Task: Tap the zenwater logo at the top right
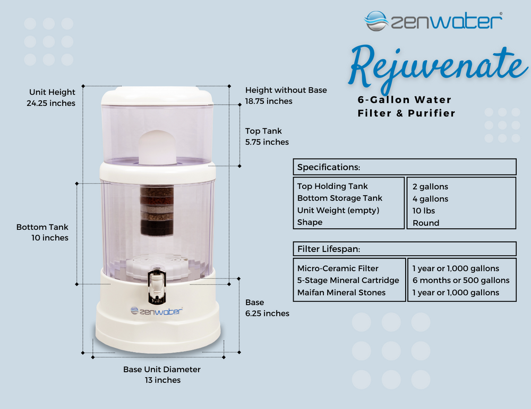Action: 433,21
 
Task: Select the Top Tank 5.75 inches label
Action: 267,137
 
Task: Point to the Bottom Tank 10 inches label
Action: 42,232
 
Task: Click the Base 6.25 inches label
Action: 267,308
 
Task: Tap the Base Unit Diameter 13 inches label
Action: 162,374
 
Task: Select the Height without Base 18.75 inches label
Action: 286,96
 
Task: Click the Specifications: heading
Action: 329,167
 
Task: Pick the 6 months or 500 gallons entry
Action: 461,280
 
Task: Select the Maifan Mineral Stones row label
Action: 341,293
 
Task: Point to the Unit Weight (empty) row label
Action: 338,210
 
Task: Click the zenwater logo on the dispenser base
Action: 157,311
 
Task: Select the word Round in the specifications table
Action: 426,223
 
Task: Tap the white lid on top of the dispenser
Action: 158,96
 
